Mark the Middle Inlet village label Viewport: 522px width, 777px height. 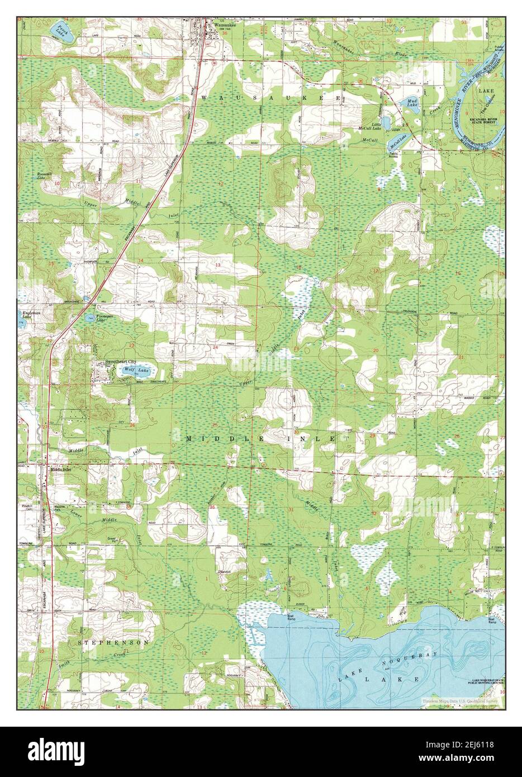pos(62,470)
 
